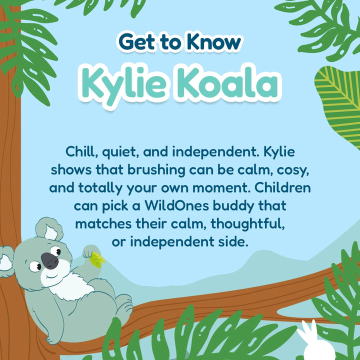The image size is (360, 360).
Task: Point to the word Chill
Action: tap(82, 150)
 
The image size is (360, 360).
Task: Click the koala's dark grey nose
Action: tap(49, 260)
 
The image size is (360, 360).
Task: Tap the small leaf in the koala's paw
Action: tap(97, 258)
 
